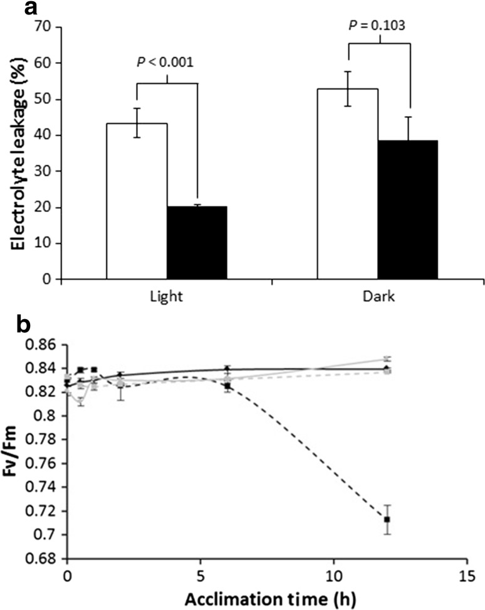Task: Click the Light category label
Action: [166, 298]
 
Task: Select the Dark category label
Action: [378, 298]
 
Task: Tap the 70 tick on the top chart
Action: [44, 28]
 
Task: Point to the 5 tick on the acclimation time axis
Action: [200, 575]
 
